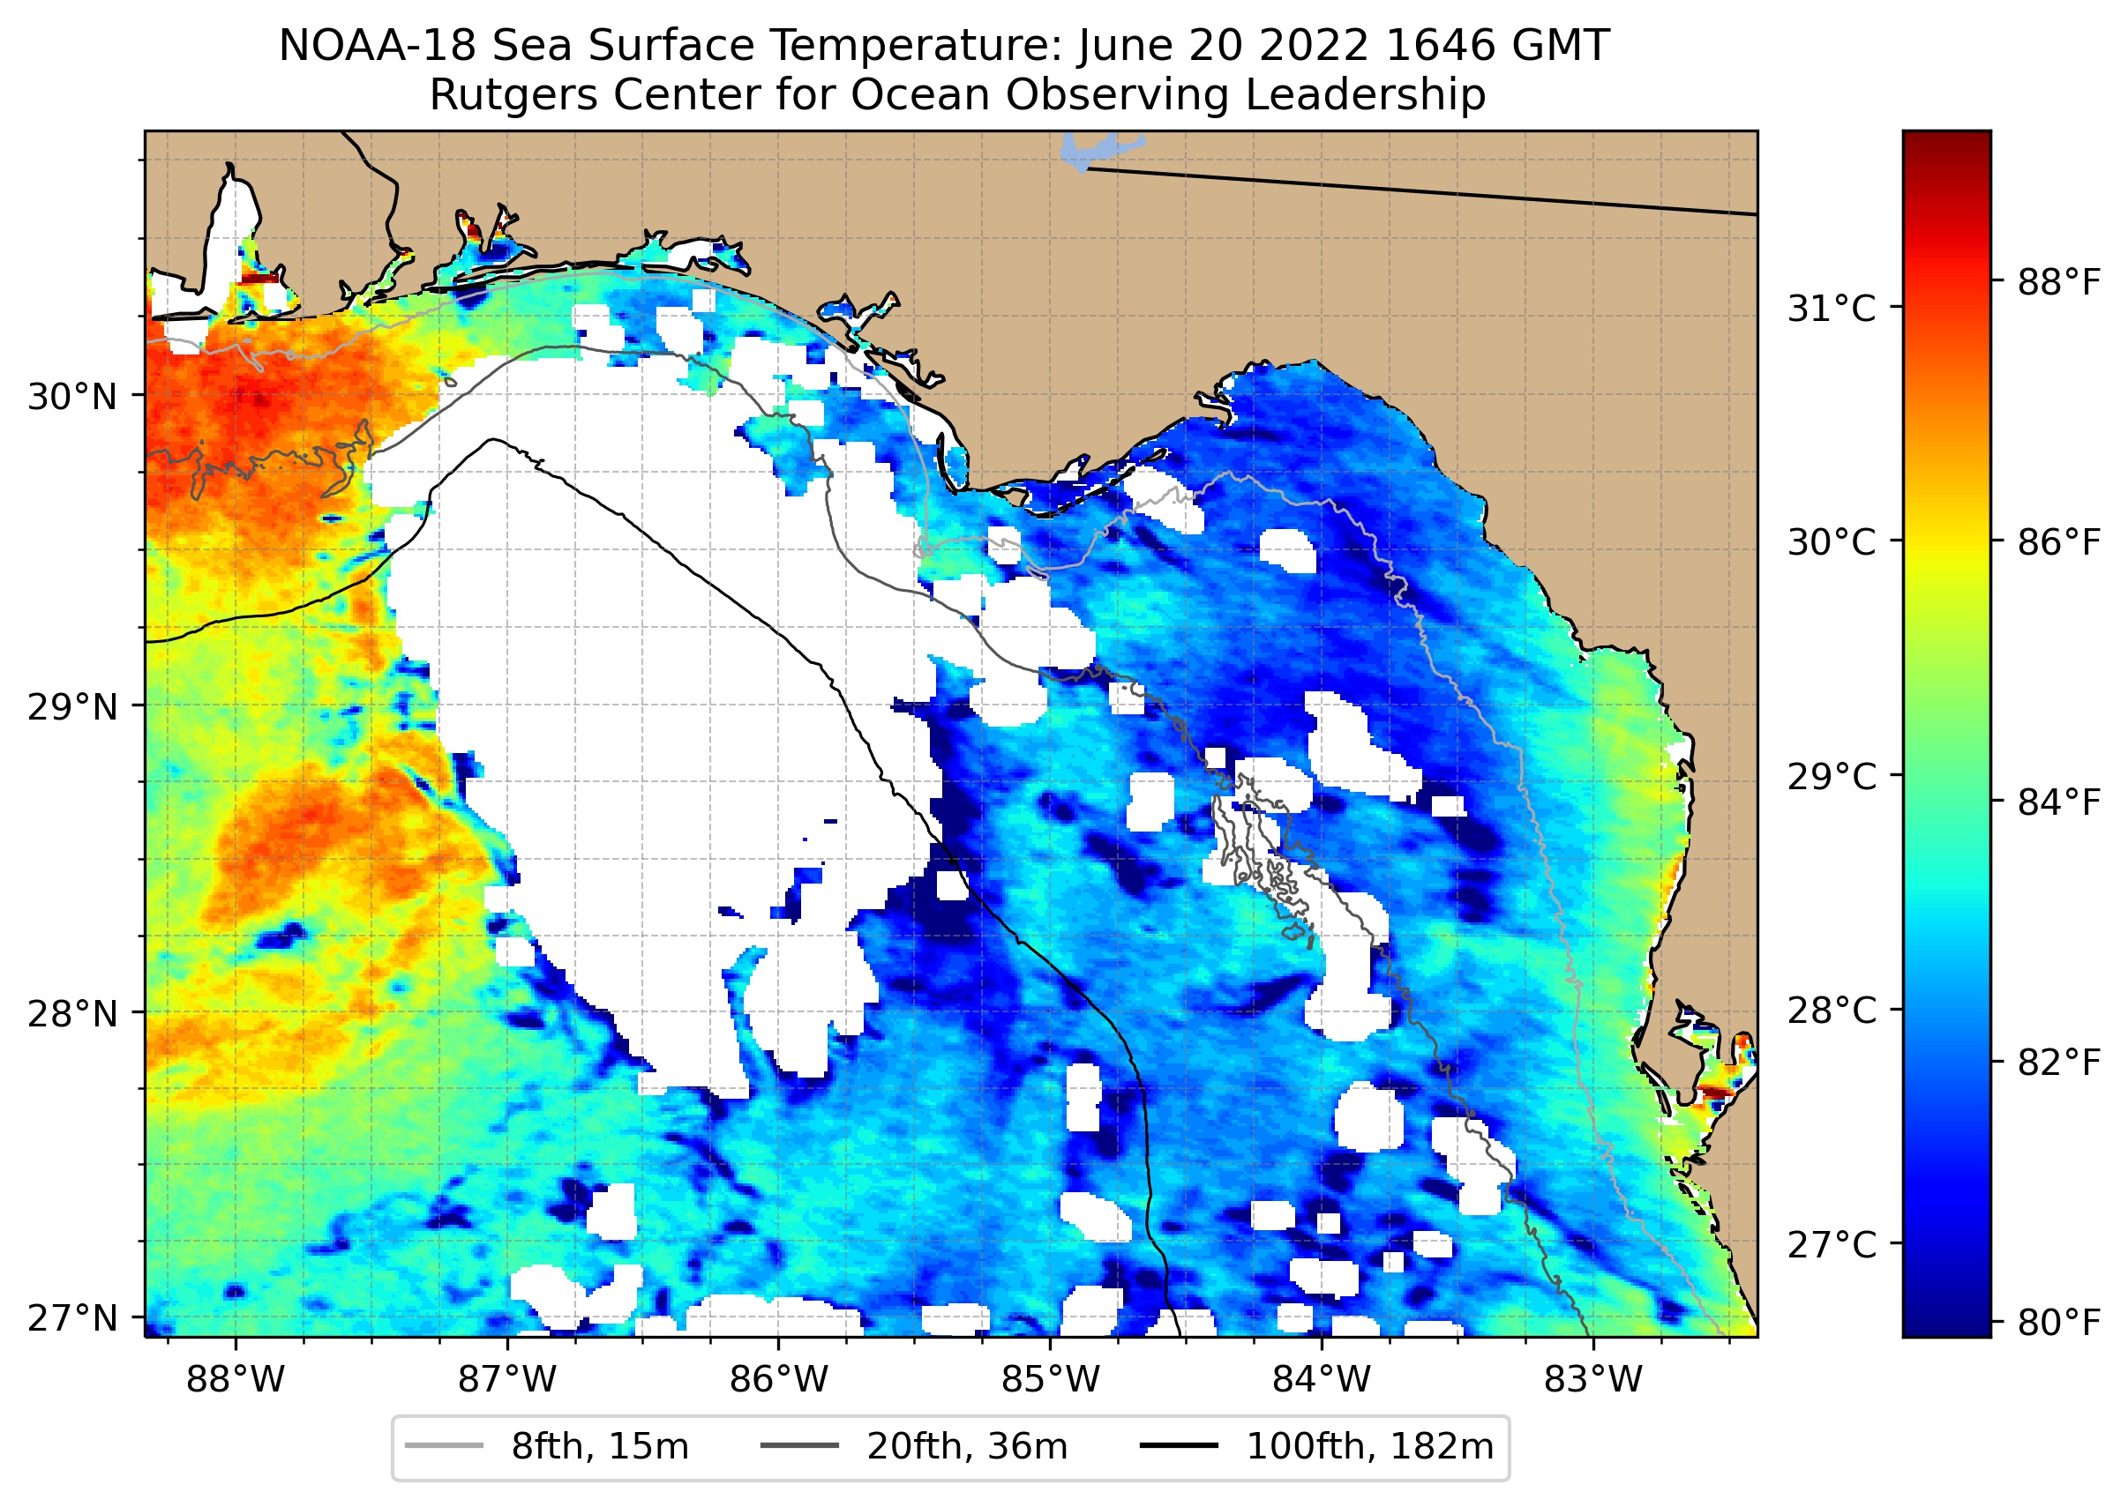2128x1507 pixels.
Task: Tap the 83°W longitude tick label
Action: click(1593, 1380)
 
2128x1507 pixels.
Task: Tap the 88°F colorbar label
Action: click(2058, 282)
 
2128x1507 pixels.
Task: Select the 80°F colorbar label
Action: click(2058, 1322)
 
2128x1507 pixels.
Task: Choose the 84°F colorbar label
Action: click(2058, 802)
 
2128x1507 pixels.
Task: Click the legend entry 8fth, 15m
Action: click(600, 1447)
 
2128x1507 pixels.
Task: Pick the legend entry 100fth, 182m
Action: click(1369, 1447)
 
